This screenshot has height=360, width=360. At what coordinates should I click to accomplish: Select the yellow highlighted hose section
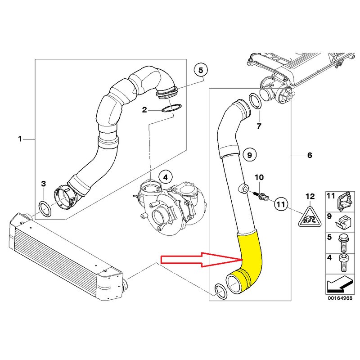coord(249,261)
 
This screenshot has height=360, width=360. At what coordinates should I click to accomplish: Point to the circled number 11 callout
coord(281,204)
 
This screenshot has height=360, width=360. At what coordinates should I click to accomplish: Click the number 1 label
coord(20,139)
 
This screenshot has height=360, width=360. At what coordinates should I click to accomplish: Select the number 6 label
coord(309,155)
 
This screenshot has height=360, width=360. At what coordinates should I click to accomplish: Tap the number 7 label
coord(258,126)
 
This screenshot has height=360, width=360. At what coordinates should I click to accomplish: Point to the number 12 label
coord(310,196)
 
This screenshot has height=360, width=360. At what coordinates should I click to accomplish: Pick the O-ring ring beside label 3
coord(44,207)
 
